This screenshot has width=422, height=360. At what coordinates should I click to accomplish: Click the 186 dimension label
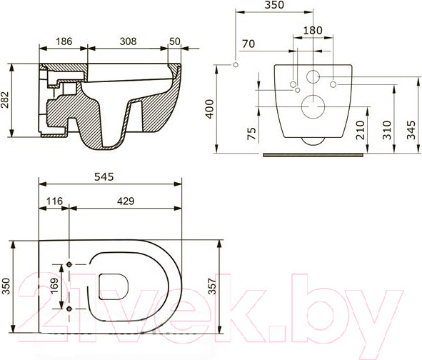(64, 41)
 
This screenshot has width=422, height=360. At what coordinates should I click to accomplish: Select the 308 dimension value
(128, 41)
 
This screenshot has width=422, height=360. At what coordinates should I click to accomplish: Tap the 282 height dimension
(5, 100)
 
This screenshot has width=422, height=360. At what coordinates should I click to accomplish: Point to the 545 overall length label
(104, 176)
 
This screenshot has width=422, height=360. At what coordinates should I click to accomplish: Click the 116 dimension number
(54, 201)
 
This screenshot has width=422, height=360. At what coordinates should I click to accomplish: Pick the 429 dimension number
(126, 201)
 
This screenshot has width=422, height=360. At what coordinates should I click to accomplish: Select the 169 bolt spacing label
(54, 286)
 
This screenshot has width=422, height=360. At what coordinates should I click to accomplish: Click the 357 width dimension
(212, 286)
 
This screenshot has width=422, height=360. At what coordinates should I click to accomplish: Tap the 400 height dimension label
(210, 109)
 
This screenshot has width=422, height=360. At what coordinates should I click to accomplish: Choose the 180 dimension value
(313, 31)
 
